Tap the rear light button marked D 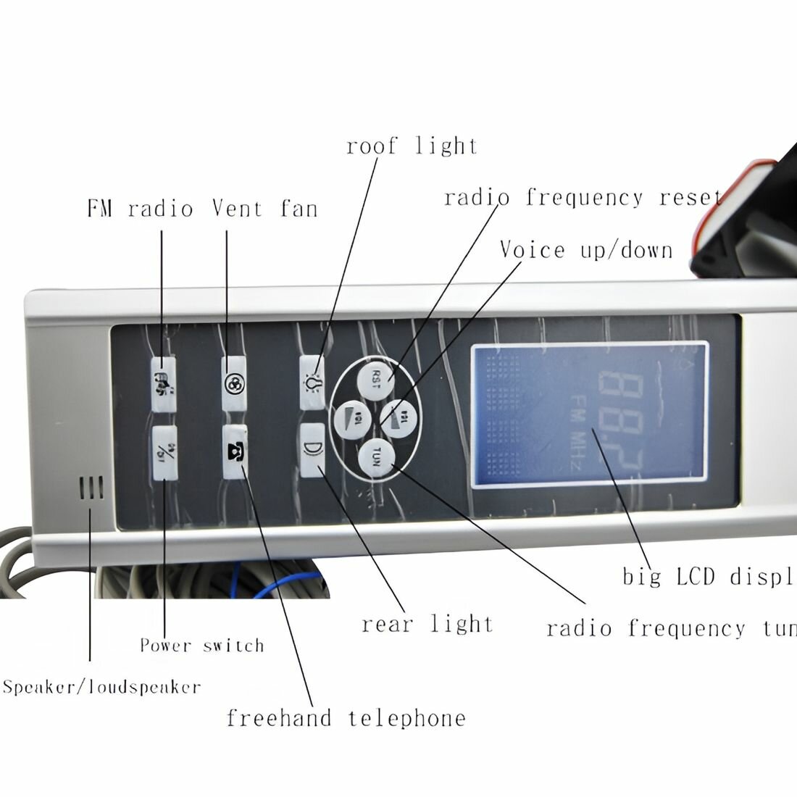point(311,450)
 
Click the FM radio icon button point(163,383)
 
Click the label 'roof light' point(412,146)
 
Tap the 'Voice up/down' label point(586,251)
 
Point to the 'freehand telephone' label point(346,718)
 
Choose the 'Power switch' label point(202,645)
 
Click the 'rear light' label point(427,624)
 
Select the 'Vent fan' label point(264,209)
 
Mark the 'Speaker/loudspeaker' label point(102,687)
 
